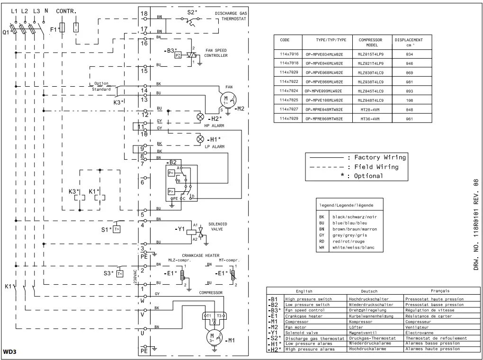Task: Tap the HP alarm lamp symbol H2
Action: (200, 117)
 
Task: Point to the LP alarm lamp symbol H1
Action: (200, 139)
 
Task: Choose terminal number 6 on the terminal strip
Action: (143, 181)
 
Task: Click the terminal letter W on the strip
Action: (143, 300)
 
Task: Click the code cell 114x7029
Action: (289, 118)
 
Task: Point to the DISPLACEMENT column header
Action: (409, 40)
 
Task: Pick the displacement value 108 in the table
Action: (409, 100)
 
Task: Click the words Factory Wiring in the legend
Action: (380, 157)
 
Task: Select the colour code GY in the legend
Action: (322, 235)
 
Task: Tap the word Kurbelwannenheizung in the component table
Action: (371, 316)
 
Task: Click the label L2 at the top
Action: (25, 10)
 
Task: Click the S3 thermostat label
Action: (108, 273)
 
